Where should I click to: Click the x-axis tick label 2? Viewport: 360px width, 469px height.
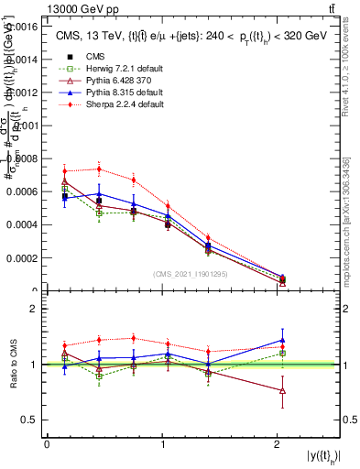click(x=277, y=443)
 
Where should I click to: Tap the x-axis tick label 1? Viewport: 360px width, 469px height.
click(x=162, y=443)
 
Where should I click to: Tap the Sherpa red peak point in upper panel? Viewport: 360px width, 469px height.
click(x=99, y=169)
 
